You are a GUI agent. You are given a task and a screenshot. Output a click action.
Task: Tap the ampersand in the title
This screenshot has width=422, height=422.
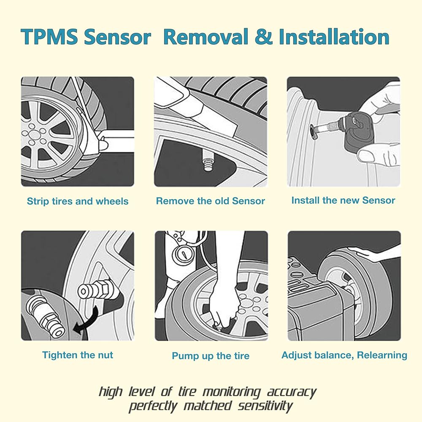(263, 37)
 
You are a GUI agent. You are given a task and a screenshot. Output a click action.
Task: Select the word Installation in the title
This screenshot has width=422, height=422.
(334, 37)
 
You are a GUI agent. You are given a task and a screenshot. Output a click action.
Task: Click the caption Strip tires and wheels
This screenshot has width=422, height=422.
(78, 201)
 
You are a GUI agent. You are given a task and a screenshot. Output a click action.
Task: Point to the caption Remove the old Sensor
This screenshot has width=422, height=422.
(211, 201)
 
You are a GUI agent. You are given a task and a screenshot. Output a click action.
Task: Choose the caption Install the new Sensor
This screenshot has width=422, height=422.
(343, 200)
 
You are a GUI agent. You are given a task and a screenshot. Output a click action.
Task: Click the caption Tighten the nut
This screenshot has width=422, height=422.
(78, 355)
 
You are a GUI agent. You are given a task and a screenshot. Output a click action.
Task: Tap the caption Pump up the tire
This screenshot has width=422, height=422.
(211, 356)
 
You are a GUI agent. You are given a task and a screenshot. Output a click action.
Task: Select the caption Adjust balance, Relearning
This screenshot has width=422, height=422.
(344, 355)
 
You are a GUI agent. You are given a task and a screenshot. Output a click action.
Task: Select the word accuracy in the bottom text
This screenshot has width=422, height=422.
(292, 392)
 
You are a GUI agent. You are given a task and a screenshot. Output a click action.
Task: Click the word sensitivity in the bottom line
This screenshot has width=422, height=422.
(265, 406)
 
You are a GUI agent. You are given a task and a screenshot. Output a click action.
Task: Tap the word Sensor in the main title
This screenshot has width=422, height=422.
(117, 37)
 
